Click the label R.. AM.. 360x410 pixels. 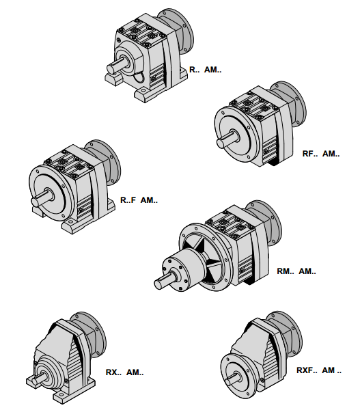click(x=205, y=70)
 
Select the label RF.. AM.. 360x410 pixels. click(x=321, y=154)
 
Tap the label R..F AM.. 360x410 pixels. click(x=139, y=200)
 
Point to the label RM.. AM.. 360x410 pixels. click(x=296, y=271)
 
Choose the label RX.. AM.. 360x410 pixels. click(x=124, y=372)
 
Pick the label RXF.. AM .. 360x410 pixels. click(x=319, y=370)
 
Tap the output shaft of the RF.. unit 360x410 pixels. click(x=227, y=139)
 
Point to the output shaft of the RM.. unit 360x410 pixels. click(x=165, y=279)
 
